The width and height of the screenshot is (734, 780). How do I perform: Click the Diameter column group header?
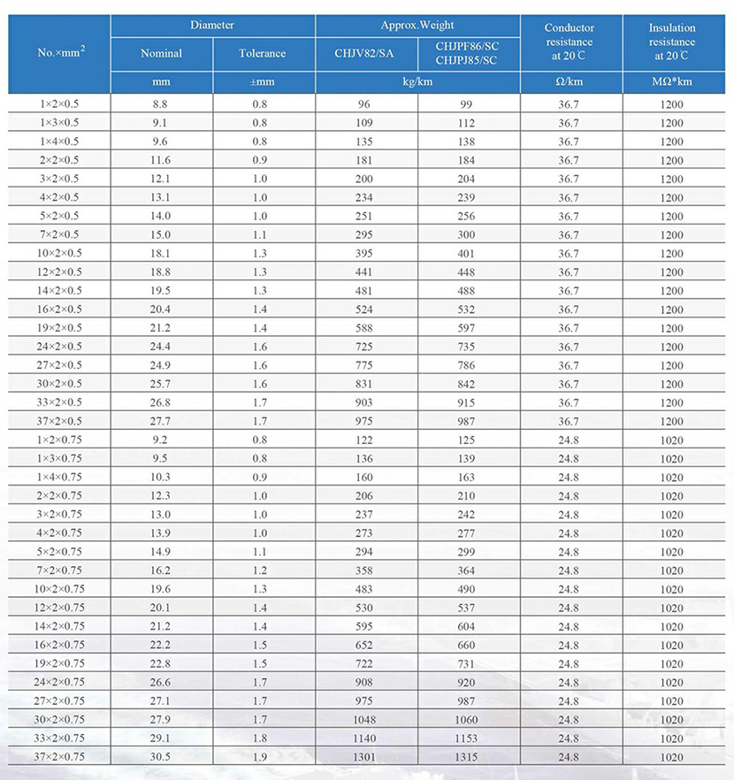(x=212, y=26)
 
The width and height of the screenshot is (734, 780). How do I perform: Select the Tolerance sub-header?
(x=263, y=53)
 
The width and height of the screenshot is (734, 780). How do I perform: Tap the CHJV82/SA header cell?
(x=365, y=53)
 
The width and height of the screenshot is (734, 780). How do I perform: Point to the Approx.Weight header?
(x=417, y=26)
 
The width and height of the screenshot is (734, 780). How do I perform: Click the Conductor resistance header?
(x=570, y=42)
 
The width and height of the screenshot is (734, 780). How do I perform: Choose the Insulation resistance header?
(x=672, y=42)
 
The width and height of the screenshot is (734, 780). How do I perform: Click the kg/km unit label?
(x=417, y=82)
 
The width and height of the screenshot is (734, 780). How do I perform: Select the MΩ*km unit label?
(x=672, y=82)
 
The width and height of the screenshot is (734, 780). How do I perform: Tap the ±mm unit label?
(x=263, y=82)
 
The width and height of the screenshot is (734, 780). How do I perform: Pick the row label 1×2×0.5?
(x=59, y=103)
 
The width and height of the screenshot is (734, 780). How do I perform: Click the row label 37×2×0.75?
(x=59, y=757)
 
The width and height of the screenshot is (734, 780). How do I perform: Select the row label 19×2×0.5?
(x=59, y=327)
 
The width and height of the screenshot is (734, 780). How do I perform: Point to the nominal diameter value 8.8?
(x=161, y=103)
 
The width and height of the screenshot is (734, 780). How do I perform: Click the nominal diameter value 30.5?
(x=161, y=757)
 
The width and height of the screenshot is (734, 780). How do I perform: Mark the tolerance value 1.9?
(x=263, y=757)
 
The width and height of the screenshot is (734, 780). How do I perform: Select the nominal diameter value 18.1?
(x=161, y=253)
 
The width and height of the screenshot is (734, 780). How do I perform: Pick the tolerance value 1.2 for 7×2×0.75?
(x=263, y=570)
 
